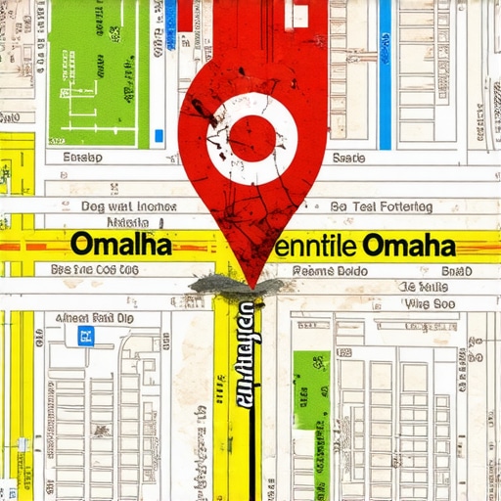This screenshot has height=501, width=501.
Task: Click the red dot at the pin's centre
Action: click(x=252, y=138)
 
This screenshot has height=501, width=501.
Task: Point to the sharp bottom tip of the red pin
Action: click(x=251, y=284)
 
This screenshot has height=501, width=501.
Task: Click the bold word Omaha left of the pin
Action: click(x=121, y=244)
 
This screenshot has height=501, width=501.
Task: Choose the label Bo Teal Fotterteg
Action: click(x=381, y=207)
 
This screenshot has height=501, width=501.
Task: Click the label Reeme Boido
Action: click(x=330, y=270)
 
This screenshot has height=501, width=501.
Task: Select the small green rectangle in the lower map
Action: click(x=312, y=389)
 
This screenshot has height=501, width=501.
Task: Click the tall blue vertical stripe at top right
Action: click(x=385, y=73)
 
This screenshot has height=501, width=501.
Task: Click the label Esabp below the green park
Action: click(x=82, y=157)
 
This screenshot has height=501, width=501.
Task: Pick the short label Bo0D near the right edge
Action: click(x=456, y=270)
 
